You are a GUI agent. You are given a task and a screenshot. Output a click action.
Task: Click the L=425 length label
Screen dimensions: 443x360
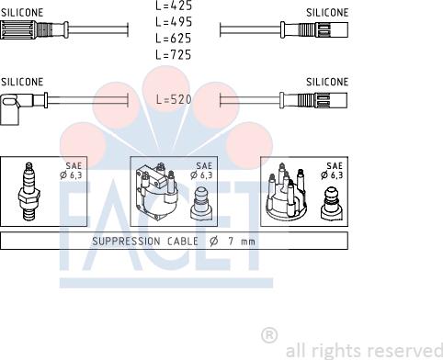tap(174, 6)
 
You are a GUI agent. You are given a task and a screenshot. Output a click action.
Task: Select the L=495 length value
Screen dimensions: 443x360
tap(174, 22)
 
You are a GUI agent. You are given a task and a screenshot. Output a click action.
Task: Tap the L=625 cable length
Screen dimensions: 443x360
tap(174, 39)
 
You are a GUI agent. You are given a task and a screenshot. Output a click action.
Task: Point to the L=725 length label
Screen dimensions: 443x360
tap(174, 55)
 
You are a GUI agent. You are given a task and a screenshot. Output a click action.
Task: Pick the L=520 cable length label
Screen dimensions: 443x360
tap(174, 99)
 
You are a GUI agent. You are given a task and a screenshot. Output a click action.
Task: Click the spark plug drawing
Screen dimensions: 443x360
tap(28, 191)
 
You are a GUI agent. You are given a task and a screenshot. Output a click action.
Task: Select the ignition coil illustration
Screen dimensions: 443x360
tap(157, 192)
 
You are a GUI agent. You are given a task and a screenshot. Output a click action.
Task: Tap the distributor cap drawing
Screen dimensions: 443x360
tap(287, 192)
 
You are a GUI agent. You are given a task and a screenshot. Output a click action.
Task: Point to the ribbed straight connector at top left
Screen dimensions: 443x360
tap(34, 29)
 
